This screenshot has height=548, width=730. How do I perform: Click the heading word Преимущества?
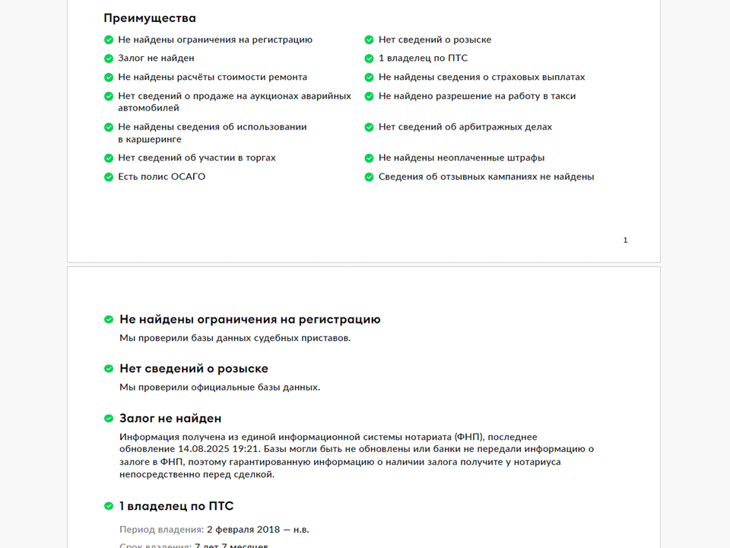point(150,18)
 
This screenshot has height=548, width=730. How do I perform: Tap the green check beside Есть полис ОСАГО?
point(109,177)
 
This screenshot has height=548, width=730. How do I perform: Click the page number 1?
point(625,241)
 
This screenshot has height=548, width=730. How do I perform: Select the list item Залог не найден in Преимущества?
point(156,59)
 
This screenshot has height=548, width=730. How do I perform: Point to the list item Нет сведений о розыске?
point(434,40)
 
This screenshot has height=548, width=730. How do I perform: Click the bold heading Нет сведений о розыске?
point(193,369)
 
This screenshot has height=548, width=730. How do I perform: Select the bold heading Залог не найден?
point(170,419)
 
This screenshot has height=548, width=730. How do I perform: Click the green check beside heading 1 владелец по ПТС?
point(109,507)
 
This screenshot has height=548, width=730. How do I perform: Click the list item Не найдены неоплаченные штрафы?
point(461,158)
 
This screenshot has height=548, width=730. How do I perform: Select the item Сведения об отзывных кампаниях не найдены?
point(486,177)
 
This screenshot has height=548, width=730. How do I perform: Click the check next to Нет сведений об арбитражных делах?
point(369,127)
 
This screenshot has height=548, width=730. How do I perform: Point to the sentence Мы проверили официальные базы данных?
point(220,387)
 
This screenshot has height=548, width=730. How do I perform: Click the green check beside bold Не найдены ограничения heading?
point(109,320)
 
